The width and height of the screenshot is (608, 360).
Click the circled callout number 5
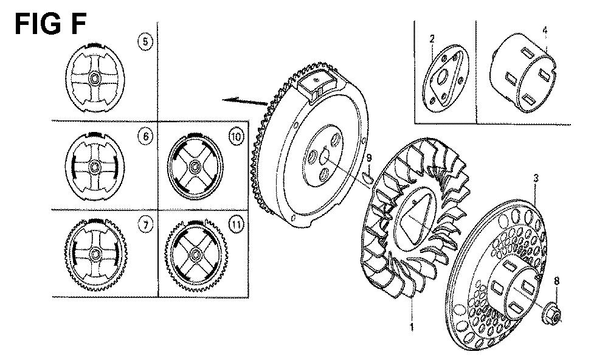(145, 43)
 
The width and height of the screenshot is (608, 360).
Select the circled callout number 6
(145, 137)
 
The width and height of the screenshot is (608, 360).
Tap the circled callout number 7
(145, 226)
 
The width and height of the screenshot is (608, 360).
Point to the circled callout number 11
(235, 226)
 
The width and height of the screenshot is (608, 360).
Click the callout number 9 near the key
(368, 159)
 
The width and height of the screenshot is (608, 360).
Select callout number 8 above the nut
(555, 281)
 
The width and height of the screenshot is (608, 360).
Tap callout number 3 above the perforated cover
(536, 178)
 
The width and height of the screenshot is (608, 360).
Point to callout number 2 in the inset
(432, 40)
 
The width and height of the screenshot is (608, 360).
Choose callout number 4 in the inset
(545, 30)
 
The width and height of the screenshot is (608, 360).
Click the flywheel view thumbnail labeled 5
(96, 79)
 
